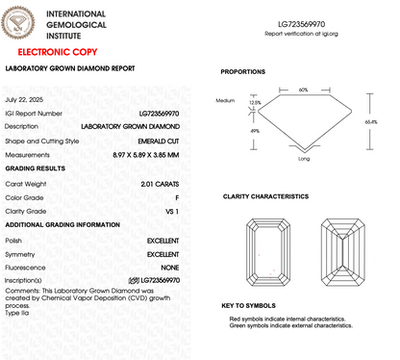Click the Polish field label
pos(14,239)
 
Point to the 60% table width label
pos(303,89)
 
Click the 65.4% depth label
pos(372,121)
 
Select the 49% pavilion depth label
pos(255,130)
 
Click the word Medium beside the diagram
pos(225,100)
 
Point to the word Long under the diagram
pos(304,159)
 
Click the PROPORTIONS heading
pos(243,72)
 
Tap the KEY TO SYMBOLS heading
pos(247,305)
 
